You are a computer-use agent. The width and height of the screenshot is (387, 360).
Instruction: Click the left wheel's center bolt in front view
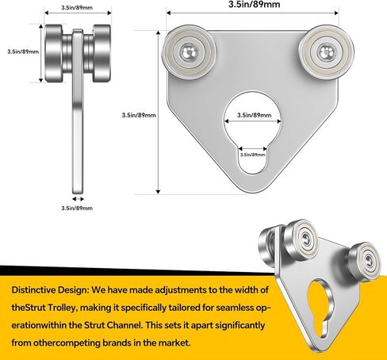coord(189,52)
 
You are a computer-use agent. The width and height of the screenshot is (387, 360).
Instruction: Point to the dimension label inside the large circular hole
coord(254,115)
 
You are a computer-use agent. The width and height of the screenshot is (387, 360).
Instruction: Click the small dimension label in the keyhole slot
coord(252,155)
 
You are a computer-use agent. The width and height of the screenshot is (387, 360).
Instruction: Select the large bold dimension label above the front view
coord(254,4)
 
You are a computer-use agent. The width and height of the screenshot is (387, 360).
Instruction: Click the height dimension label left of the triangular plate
coord(139,115)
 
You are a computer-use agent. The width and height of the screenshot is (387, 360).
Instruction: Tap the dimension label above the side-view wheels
coord(77,8)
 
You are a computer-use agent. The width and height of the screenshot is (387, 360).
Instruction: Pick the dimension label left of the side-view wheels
coord(23,52)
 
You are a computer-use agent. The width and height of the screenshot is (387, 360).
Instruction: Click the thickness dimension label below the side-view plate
coord(77,208)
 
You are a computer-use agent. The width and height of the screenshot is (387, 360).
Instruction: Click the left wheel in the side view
coord(54,53)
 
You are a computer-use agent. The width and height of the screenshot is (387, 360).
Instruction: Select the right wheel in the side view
coord(102,53)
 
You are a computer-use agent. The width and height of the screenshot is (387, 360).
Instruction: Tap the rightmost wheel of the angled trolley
coord(365,261)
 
